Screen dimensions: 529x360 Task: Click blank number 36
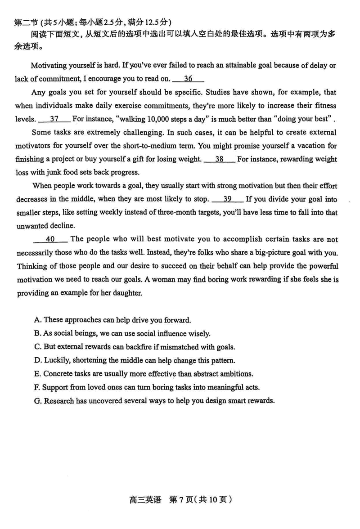(189, 79)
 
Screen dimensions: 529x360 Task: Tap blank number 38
(219, 159)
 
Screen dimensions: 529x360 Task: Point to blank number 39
(227, 199)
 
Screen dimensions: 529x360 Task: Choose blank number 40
(50, 239)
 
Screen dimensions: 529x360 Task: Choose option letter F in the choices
(37, 387)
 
